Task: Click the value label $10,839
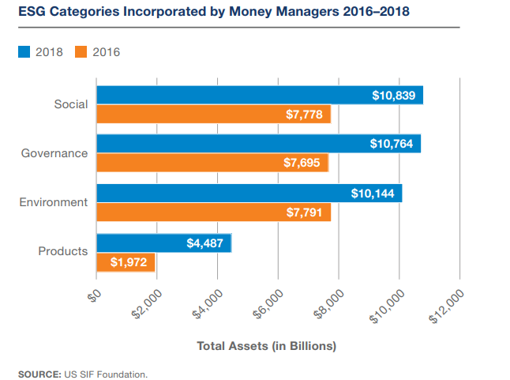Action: [396, 95]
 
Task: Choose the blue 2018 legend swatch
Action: [24, 52]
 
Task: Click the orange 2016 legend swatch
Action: [81, 52]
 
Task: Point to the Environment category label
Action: [53, 202]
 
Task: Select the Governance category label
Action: [54, 153]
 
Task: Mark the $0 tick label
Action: [93, 295]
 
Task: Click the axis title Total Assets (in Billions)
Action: [266, 346]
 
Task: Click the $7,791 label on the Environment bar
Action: [304, 213]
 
